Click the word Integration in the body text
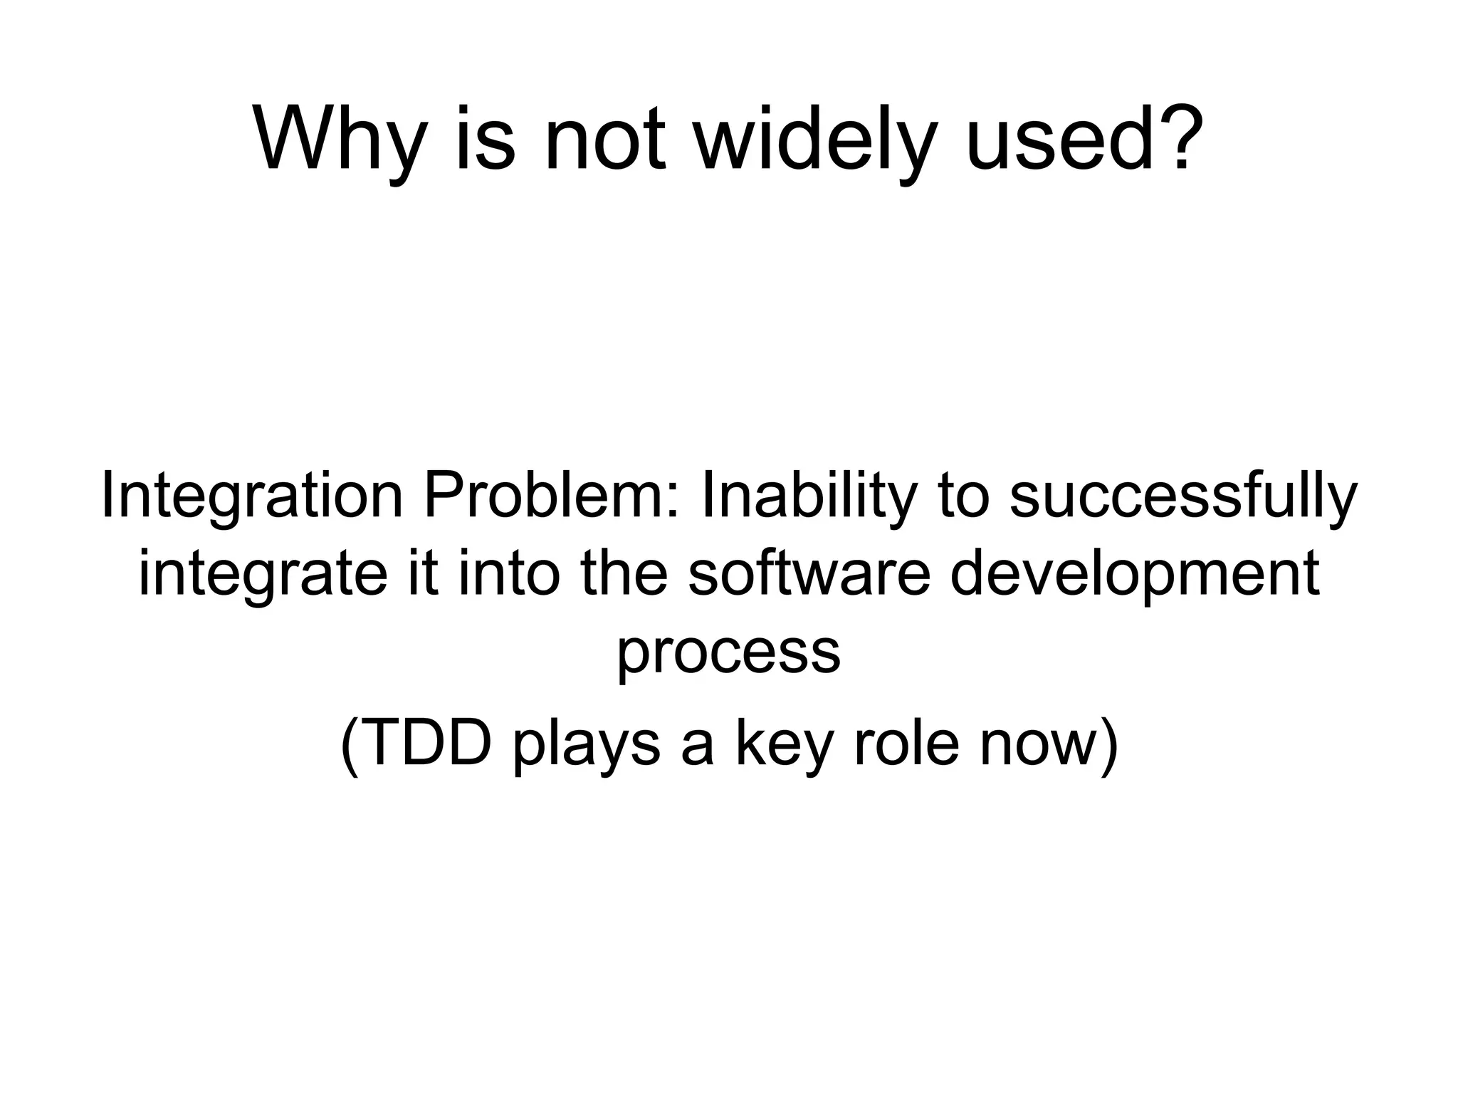tap(252, 496)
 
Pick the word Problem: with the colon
tap(552, 496)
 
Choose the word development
tap(1134, 574)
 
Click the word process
tap(728, 652)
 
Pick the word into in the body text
tap(506, 574)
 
